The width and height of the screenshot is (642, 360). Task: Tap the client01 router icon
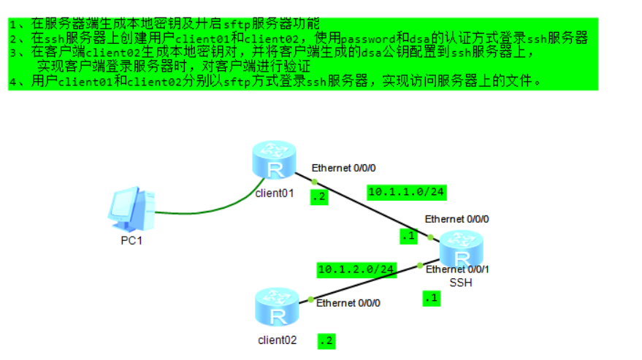[x=275, y=164]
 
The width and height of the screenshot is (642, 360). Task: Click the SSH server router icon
[x=461, y=250]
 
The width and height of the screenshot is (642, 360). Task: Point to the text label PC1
[x=131, y=240]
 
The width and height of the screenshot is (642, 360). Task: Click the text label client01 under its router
[x=275, y=193]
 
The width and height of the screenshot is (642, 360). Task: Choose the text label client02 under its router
[x=278, y=340]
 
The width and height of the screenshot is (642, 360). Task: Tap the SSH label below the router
[x=461, y=283]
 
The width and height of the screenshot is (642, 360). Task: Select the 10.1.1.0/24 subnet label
[x=407, y=192]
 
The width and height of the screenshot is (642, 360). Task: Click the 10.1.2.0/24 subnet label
[x=356, y=269]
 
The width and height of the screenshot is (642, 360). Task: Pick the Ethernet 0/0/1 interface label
[x=458, y=269]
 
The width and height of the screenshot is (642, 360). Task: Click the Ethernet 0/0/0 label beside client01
[x=343, y=168]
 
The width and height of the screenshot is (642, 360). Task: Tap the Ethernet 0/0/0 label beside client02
[x=348, y=302]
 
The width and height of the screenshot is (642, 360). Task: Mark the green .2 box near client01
[x=318, y=196]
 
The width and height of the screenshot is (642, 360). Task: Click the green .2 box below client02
[x=326, y=340]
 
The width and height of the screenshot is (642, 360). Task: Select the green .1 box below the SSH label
[x=432, y=297]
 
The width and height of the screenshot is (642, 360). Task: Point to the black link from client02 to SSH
[x=365, y=283]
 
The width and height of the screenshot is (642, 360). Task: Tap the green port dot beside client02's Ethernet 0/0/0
[x=311, y=299]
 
